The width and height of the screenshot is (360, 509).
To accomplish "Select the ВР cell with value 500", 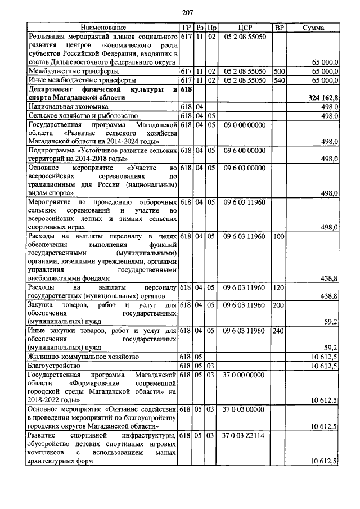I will (x=278, y=72).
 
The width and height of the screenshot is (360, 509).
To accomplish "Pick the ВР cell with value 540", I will (x=278, y=80).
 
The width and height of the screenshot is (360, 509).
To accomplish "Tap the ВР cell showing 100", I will (x=278, y=236).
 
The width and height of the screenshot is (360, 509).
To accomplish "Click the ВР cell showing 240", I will (x=278, y=331).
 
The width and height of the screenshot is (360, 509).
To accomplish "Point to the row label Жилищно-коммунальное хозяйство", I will (x=83, y=357).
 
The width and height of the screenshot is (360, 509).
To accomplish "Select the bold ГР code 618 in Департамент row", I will (x=187, y=89).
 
